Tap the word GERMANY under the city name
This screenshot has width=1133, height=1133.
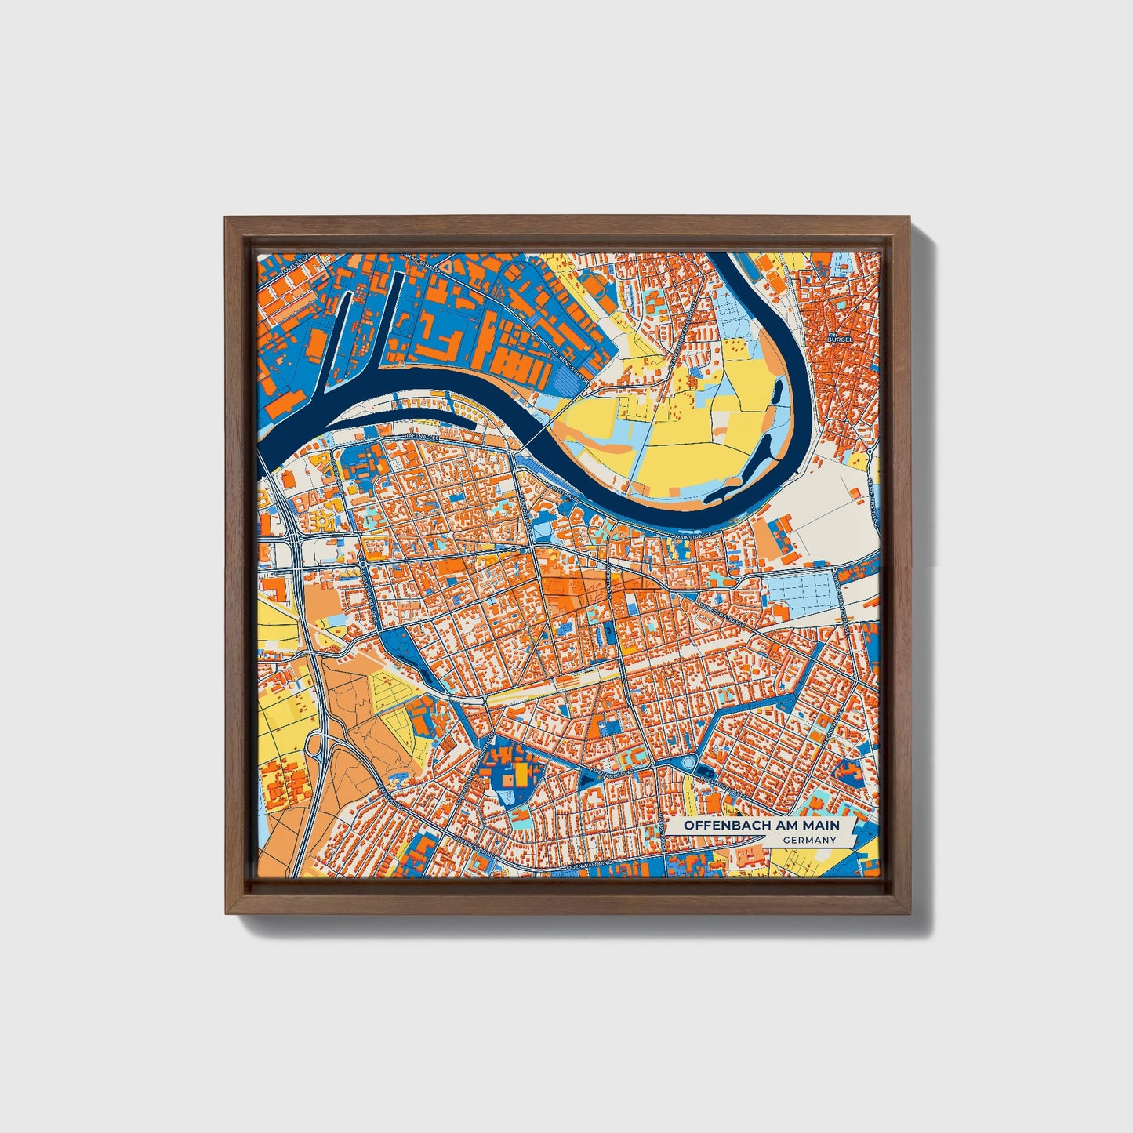[x=809, y=840]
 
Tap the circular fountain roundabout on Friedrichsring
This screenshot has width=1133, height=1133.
[x=688, y=762]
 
